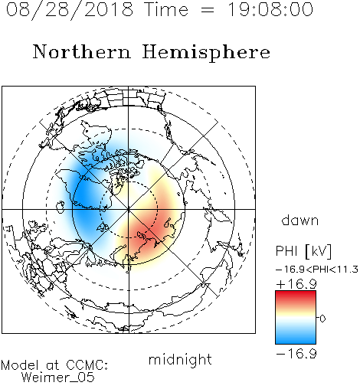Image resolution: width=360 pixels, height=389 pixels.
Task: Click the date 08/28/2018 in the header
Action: click(x=70, y=10)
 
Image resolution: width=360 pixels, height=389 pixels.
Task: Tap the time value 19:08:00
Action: click(x=270, y=10)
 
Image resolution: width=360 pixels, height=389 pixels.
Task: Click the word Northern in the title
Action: click(x=82, y=51)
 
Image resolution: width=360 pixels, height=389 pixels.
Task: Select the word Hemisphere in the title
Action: click(x=206, y=52)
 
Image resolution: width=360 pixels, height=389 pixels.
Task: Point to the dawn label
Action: click(x=300, y=220)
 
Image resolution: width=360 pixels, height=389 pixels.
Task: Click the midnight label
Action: click(x=180, y=360)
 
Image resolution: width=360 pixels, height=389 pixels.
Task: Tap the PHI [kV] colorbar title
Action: click(x=303, y=251)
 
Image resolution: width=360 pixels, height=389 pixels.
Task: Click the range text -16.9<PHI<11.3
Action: click(x=317, y=270)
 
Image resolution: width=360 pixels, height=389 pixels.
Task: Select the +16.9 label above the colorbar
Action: click(x=296, y=284)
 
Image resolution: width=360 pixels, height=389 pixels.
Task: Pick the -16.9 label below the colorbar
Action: click(x=296, y=354)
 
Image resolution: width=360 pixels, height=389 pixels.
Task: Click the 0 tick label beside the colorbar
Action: click(x=322, y=319)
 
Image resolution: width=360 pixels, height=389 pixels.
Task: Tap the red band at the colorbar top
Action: click(x=296, y=296)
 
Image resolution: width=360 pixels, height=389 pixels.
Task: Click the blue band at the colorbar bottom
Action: click(x=296, y=338)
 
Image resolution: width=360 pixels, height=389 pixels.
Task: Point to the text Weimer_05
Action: click(x=58, y=377)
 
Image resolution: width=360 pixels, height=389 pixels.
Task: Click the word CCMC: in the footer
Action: click(x=87, y=364)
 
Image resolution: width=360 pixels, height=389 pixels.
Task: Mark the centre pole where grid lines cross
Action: click(x=129, y=209)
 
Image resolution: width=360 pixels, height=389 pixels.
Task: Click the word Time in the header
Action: click(x=166, y=10)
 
